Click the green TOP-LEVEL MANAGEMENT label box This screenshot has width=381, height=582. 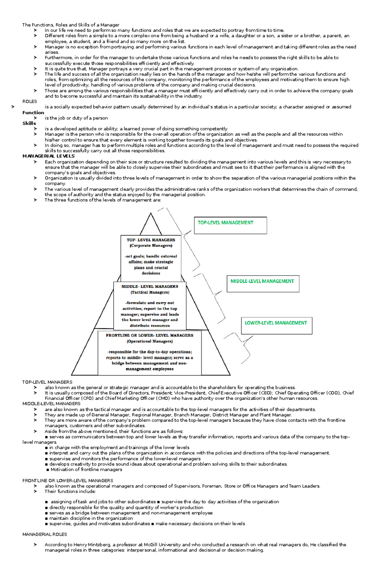pyautogui.click(x=230, y=226)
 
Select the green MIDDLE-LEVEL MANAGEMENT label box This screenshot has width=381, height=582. pyautogui.click(x=263, y=283)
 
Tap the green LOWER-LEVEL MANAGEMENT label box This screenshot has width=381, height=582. pyautogui.click(x=276, y=325)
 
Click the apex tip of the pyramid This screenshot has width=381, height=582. pyautogui.click(x=150, y=213)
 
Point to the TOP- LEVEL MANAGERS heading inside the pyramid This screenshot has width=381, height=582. pyautogui.click(x=151, y=240)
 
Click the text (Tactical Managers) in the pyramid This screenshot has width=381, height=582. pyautogui.click(x=150, y=292)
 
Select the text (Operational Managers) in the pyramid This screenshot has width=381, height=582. pyautogui.click(x=150, y=341)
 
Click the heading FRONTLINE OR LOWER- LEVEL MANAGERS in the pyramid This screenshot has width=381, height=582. pyautogui.click(x=150, y=335)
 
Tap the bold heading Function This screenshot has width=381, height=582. pyautogui.click(x=33, y=113)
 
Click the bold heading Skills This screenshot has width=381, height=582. pyautogui.click(x=29, y=123)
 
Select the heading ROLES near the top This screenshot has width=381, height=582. pyautogui.click(x=30, y=101)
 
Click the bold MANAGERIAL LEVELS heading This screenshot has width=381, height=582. pyautogui.click(x=48, y=156)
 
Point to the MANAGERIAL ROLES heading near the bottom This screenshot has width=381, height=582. pyautogui.click(x=44, y=534)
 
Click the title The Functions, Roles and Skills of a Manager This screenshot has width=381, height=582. pyautogui.click(x=70, y=25)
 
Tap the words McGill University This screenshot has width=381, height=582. pyautogui.click(x=162, y=545)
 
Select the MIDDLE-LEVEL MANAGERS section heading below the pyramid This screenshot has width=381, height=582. pyautogui.click(x=51, y=404)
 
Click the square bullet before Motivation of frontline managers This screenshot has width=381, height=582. pyautogui.click(x=48, y=470)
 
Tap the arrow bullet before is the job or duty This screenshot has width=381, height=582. pyautogui.click(x=35, y=118)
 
